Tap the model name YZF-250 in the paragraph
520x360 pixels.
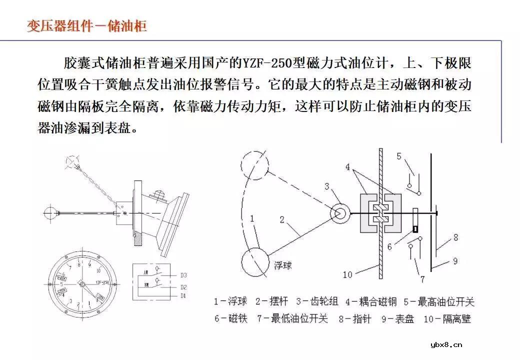pyautogui.click(x=269, y=64)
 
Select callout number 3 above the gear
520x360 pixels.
pyautogui.click(x=327, y=186)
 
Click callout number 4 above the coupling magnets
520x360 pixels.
pyautogui.click(x=347, y=166)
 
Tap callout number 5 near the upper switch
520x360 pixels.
pyautogui.click(x=399, y=156)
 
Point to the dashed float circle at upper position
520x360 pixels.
pyautogui.click(x=255, y=163)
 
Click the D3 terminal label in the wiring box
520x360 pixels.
pyautogui.click(x=183, y=275)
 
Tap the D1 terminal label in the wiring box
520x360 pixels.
pyautogui.click(x=183, y=295)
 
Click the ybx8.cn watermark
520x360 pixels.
pyautogui.click(x=446, y=344)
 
